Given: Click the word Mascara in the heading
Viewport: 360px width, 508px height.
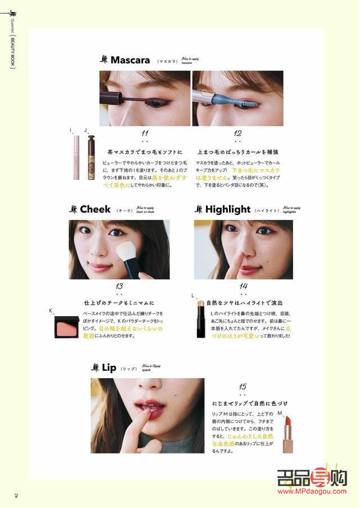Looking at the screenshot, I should tap(130, 60).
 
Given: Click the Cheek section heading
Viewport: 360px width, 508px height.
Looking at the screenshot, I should tap(95, 209).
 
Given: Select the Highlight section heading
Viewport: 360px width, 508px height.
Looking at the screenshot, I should tap(227, 209).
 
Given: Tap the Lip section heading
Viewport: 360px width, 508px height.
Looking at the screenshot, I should tap(109, 367).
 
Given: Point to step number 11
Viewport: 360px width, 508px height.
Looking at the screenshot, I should tap(145, 133).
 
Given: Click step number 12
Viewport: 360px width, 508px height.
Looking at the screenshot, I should tap(237, 133).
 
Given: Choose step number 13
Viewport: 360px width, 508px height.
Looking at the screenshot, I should tap(119, 286).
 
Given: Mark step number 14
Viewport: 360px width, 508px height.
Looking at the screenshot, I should tap(243, 286).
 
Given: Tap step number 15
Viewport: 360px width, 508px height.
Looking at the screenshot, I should tap(242, 386).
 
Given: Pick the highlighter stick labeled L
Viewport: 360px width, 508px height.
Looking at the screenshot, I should tap(200, 317).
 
